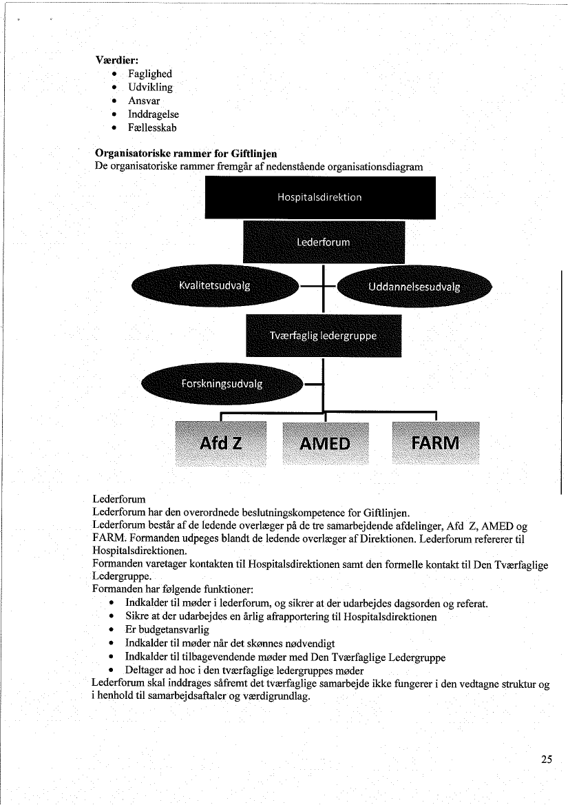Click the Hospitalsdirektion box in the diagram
pyautogui.click(x=320, y=197)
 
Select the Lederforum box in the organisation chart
pyautogui.click(x=324, y=242)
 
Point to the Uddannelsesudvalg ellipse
pyautogui.click(x=415, y=287)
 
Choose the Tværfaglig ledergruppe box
pyautogui.click(x=324, y=336)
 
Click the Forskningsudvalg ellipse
pyautogui.click(x=222, y=384)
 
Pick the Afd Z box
pyautogui.click(x=221, y=442)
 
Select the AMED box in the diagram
pyautogui.click(x=325, y=442)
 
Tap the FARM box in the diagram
pyautogui.click(x=435, y=442)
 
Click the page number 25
pyautogui.click(x=546, y=760)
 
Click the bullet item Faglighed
pyautogui.click(x=150, y=74)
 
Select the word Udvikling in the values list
pyautogui.click(x=150, y=88)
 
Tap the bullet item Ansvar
pyautogui.click(x=144, y=101)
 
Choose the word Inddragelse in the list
pyautogui.click(x=154, y=114)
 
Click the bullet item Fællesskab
pyautogui.click(x=153, y=128)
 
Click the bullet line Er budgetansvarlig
pyautogui.click(x=167, y=629)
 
